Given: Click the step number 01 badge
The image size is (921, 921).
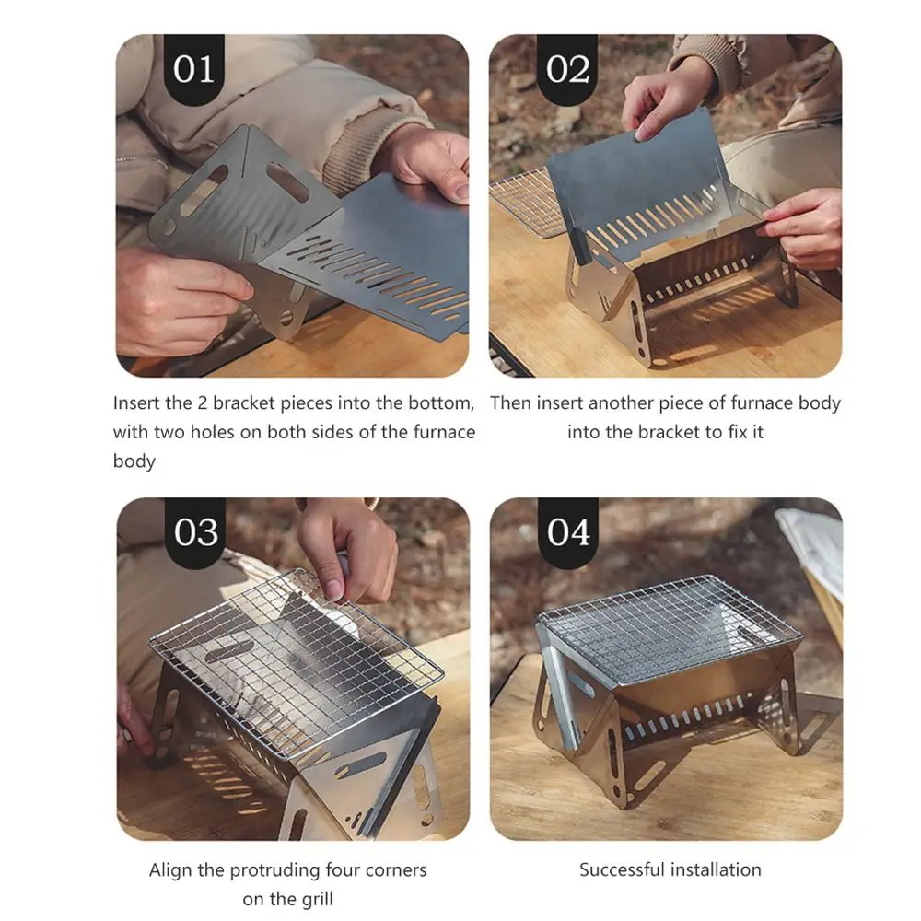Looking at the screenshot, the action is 193,69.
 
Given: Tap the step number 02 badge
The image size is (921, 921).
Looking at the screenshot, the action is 566,69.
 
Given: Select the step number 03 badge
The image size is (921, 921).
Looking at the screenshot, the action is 195,532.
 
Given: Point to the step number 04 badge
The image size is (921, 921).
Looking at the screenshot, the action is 568,532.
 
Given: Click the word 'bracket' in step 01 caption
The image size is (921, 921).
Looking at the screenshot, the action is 243,403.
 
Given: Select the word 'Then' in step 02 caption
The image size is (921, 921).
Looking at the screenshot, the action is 510,403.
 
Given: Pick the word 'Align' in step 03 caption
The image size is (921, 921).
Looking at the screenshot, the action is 170,870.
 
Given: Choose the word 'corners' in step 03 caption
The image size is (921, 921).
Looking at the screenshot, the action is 396,870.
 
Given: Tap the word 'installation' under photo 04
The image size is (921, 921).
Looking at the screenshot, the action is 716,870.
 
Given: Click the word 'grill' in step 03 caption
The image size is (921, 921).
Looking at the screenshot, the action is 317,899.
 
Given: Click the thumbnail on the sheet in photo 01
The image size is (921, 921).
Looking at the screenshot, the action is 461,191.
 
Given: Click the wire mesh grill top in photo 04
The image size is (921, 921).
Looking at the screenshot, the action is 670,628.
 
